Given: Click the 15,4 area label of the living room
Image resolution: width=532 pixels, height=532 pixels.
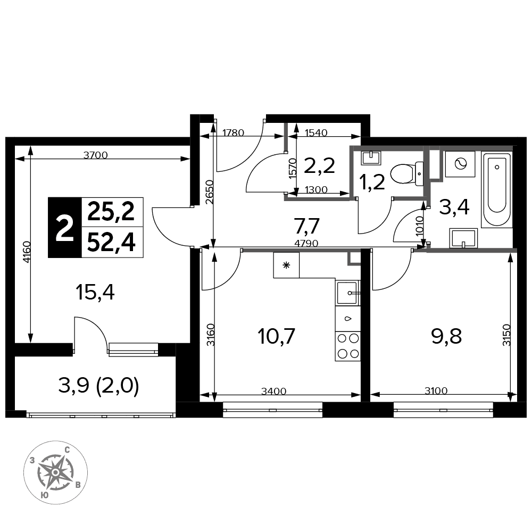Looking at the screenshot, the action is pyautogui.click(x=95, y=293).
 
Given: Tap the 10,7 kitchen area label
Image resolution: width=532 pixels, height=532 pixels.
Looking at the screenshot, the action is pyautogui.click(x=276, y=337).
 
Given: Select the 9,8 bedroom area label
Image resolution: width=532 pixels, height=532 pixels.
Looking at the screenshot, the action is pyautogui.click(x=446, y=337).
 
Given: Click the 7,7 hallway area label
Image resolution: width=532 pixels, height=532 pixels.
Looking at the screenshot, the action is pyautogui.click(x=307, y=226).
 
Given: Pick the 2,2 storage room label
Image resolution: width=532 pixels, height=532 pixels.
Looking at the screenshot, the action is pyautogui.click(x=320, y=166).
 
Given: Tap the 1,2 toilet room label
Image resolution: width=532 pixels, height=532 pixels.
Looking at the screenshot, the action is pyautogui.click(x=372, y=182).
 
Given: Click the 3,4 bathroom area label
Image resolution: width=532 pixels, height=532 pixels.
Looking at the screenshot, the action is pyautogui.click(x=454, y=207).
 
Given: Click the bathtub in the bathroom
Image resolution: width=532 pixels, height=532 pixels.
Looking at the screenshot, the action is pyautogui.click(x=497, y=190).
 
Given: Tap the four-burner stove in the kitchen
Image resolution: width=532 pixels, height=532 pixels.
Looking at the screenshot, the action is pyautogui.click(x=348, y=346).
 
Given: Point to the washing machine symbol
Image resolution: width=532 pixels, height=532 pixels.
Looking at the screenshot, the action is pyautogui.click(x=460, y=164).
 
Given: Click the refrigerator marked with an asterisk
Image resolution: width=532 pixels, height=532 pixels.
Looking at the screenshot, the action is pyautogui.click(x=286, y=265).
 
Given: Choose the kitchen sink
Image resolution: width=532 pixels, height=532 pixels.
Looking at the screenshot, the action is pyautogui.click(x=348, y=293).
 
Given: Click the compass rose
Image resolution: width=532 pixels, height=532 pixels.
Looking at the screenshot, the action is pyautogui.click(x=56, y=472).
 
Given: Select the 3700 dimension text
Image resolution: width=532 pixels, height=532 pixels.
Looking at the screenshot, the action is pyautogui.click(x=95, y=155).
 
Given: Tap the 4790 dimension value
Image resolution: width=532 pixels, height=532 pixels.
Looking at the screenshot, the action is pyautogui.click(x=306, y=243).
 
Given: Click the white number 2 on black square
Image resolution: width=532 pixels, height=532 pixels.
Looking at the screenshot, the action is pyautogui.click(x=65, y=228).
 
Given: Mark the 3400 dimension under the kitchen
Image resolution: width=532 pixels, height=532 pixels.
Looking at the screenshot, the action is pyautogui.click(x=274, y=391).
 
